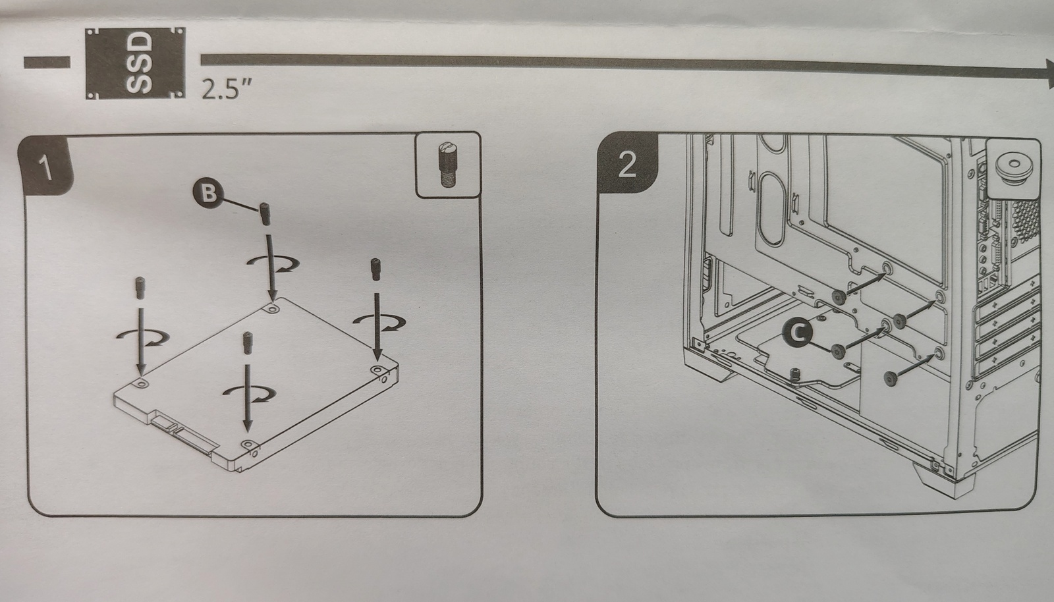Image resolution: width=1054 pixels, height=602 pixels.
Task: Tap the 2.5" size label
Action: pyautogui.click(x=227, y=89)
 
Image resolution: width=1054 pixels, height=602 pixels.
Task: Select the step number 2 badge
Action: pyautogui.click(x=626, y=164)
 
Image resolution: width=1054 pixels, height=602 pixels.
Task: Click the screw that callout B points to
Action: pyautogui.click(x=265, y=213)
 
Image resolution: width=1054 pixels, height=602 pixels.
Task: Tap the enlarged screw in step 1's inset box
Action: pyautogui.click(x=447, y=165)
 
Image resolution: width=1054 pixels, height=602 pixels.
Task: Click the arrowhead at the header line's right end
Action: pyautogui.click(x=1048, y=74)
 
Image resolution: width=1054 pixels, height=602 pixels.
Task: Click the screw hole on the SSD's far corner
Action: pyautogui.click(x=273, y=308)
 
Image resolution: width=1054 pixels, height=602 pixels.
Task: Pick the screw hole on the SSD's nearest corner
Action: pyautogui.click(x=248, y=445)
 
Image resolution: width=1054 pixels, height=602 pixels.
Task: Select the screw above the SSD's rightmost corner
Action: pyautogui.click(x=375, y=269)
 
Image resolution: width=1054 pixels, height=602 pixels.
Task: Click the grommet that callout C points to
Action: pyautogui.click(x=837, y=350)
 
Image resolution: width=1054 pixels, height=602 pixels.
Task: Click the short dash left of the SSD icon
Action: pyautogui.click(x=47, y=62)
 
